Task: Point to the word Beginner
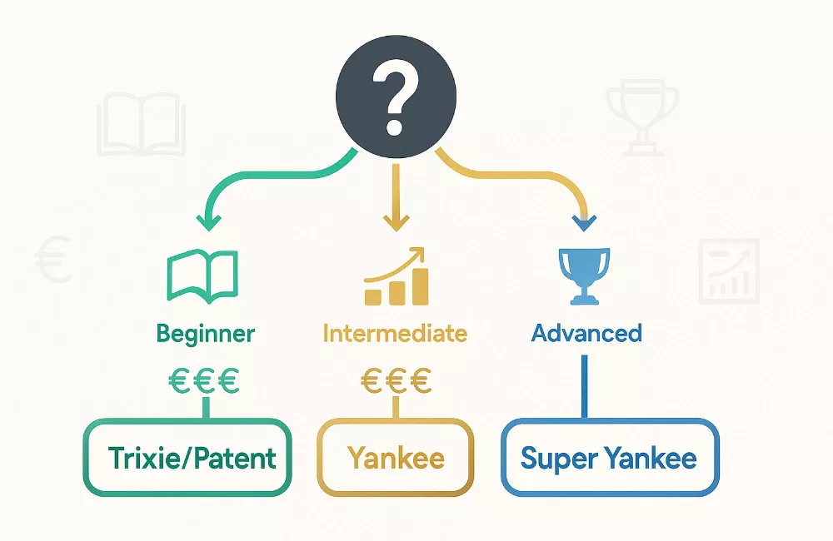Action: (206, 335)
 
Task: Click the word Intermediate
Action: (395, 334)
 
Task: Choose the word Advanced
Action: (586, 333)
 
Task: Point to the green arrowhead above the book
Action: (209, 222)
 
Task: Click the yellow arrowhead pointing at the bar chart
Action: (396, 222)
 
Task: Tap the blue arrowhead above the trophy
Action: (585, 223)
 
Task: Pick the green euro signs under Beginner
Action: (204, 381)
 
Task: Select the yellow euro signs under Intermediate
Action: (396, 381)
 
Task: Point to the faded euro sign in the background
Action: (53, 259)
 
